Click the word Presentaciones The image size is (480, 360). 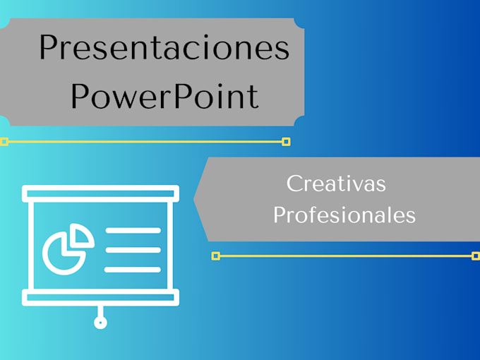point(164,47)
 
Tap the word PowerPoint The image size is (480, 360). point(164,96)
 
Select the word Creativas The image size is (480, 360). point(336,184)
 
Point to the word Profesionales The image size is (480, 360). point(344,215)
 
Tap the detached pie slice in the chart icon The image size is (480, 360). point(82,235)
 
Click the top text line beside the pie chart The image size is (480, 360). point(133,230)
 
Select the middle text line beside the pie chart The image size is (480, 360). point(133,250)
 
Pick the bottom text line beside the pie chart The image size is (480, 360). point(133,270)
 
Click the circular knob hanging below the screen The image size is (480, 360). point(100,323)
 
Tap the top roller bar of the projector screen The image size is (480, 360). point(100,193)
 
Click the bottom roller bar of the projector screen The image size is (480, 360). point(100,297)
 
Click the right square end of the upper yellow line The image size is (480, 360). point(286,142)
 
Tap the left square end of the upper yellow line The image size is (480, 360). point(4,142)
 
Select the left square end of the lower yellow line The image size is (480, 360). point(216,256)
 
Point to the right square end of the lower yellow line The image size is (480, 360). point(476,256)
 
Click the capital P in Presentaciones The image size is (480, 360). point(48,47)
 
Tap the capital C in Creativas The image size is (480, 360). point(293,184)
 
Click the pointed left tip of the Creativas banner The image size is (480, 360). point(194,199)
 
